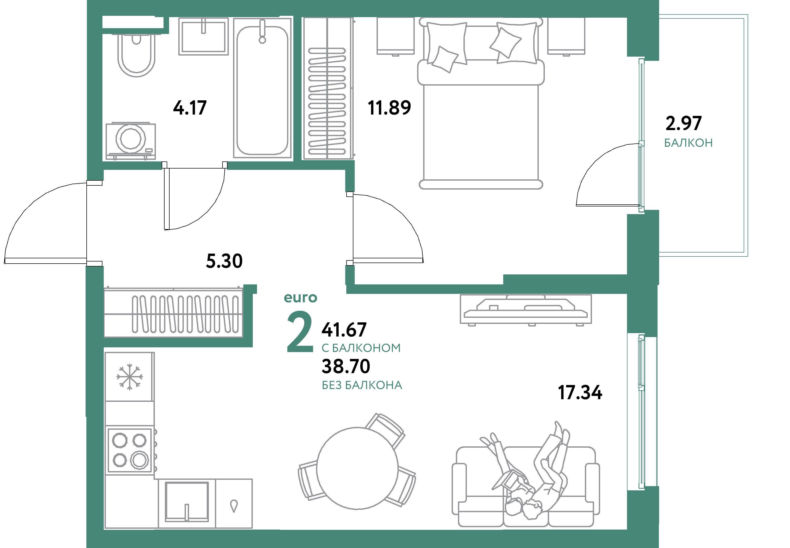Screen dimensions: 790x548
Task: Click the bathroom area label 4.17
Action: [x=190, y=107]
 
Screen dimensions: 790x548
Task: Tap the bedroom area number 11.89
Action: [x=389, y=107]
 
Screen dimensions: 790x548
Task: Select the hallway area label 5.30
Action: [x=224, y=261]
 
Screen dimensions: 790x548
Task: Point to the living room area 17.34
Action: [x=580, y=392]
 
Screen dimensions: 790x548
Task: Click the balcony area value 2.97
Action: [x=683, y=123]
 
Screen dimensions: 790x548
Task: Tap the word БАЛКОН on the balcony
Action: [x=688, y=142]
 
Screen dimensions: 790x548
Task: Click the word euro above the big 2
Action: [x=300, y=298]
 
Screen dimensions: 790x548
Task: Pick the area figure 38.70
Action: [x=346, y=366]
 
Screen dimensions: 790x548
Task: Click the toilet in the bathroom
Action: [x=136, y=55]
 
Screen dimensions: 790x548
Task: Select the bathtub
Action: [x=262, y=88]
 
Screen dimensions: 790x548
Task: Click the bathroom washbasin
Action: [x=203, y=36]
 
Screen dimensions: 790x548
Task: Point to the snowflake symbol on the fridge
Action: [x=130, y=377]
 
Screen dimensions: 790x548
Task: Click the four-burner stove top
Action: [x=130, y=450]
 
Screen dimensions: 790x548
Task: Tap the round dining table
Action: [x=357, y=468]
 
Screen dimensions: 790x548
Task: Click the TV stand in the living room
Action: [x=526, y=309]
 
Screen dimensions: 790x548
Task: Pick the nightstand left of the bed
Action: [x=396, y=36]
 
